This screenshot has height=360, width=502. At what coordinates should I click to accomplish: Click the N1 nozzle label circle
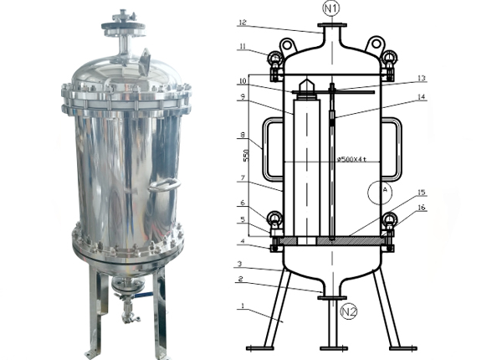[332, 10]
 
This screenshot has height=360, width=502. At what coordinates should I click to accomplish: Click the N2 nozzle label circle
[349, 312]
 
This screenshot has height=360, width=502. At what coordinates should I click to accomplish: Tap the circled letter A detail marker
[386, 191]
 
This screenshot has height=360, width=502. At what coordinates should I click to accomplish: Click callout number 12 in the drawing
[242, 23]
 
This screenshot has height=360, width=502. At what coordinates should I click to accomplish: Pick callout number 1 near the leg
[242, 306]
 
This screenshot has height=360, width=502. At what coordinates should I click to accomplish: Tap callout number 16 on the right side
[423, 207]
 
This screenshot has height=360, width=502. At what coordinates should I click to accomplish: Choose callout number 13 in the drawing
[423, 78]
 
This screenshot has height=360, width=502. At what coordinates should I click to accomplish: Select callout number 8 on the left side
[242, 134]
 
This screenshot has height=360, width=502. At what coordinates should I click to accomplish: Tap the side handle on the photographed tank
[166, 184]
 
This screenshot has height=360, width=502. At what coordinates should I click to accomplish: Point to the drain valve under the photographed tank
[126, 314]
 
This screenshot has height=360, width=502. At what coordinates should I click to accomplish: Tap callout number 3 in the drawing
[242, 264]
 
